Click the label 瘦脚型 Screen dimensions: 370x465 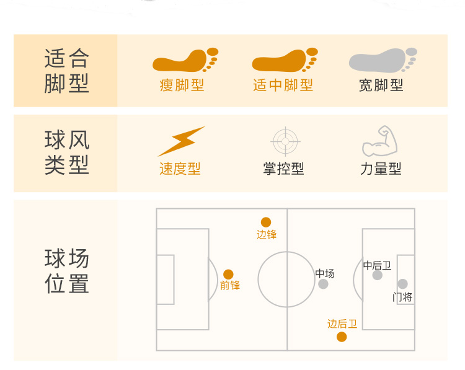click(182, 85)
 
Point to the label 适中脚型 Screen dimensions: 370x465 click(283, 85)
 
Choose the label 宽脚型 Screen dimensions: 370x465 click(381, 85)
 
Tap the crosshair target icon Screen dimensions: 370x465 click(285, 141)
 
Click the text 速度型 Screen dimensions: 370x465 click(180, 169)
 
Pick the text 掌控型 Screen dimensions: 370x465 click(283, 169)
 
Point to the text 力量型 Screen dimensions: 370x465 click(381, 169)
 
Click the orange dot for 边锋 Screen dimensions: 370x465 click(266, 222)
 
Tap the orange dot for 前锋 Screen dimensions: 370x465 click(228, 274)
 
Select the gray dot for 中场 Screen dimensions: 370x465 click(323, 284)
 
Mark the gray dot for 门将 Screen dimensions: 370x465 click(402, 284)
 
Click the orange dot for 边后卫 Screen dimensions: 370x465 click(342, 337)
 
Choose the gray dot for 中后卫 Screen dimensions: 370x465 click(378, 275)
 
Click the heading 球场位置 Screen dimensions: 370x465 click(67, 271)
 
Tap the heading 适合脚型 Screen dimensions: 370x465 click(67, 71)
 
